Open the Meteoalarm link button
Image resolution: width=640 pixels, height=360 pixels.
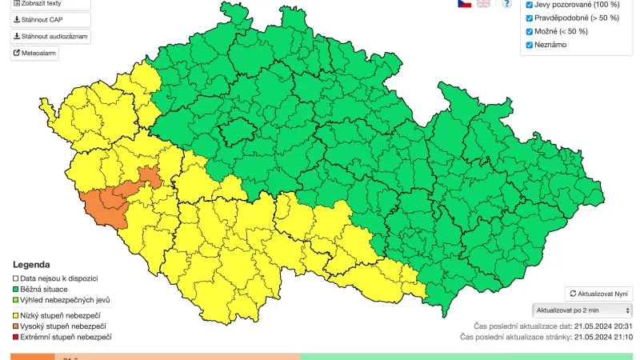click(x=34, y=54)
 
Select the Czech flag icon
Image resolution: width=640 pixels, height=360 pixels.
click(x=464, y=3)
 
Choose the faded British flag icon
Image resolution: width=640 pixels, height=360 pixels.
click(x=484, y=3)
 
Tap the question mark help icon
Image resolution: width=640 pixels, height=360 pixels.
click(x=506, y=3)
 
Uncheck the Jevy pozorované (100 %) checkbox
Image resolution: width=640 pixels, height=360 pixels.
click(x=528, y=5)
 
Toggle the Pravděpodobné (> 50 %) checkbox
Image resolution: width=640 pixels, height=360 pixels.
click(x=528, y=18)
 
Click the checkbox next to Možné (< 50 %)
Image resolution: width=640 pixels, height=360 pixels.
click(x=528, y=31)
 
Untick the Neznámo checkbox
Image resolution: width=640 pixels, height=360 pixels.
click(x=528, y=45)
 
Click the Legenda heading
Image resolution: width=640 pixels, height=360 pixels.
click(x=31, y=265)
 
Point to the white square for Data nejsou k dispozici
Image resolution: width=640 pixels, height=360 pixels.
click(x=15, y=278)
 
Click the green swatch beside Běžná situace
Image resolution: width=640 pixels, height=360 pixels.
click(x=15, y=289)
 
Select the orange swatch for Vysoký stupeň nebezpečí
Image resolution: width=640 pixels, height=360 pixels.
click(x=15, y=326)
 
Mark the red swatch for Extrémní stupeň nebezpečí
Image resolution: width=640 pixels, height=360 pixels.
click(x=15, y=338)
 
